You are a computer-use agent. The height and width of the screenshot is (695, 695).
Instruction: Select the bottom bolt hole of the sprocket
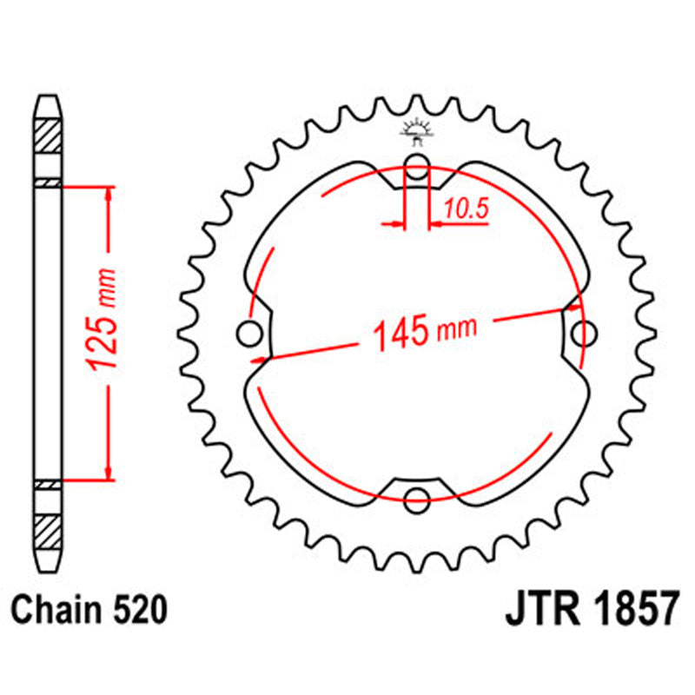coord(418,500)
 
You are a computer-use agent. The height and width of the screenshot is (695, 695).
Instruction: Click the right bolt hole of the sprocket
coord(586,334)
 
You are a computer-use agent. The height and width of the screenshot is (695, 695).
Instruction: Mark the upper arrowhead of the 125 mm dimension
coord(108,192)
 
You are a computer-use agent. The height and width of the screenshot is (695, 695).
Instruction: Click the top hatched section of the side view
coord(48,135)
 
